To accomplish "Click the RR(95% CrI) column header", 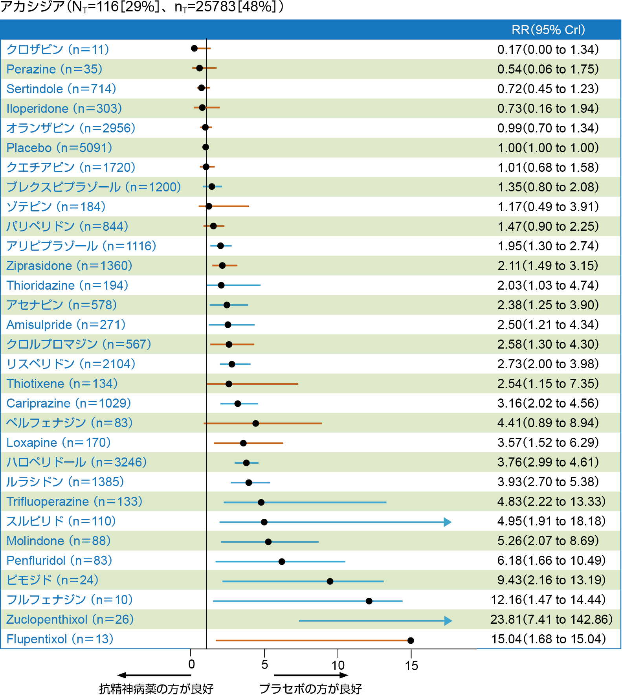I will [x=548, y=30].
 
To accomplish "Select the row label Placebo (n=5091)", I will [x=59, y=148].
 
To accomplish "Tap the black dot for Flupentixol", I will [x=411, y=641].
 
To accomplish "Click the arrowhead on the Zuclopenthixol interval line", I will [x=448, y=621].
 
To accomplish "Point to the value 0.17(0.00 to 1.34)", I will [x=548, y=50].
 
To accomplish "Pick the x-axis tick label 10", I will [x=338, y=665].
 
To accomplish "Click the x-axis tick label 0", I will [x=191, y=665].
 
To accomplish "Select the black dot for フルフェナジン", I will [x=369, y=601].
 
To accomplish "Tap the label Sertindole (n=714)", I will [x=61, y=89].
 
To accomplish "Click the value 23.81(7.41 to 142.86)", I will [x=551, y=619].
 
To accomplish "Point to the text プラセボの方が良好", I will [x=310, y=689].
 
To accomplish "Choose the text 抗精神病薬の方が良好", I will [x=156, y=689].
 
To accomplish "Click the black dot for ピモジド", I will [x=330, y=581].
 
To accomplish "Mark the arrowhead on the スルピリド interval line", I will [x=448, y=522].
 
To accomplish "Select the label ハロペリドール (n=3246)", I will [x=77, y=462].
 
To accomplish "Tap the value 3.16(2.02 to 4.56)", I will [x=548, y=403].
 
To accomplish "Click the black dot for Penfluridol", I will [x=282, y=562].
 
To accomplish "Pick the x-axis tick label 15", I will [x=411, y=666].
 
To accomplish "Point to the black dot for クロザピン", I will [x=194, y=48].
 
